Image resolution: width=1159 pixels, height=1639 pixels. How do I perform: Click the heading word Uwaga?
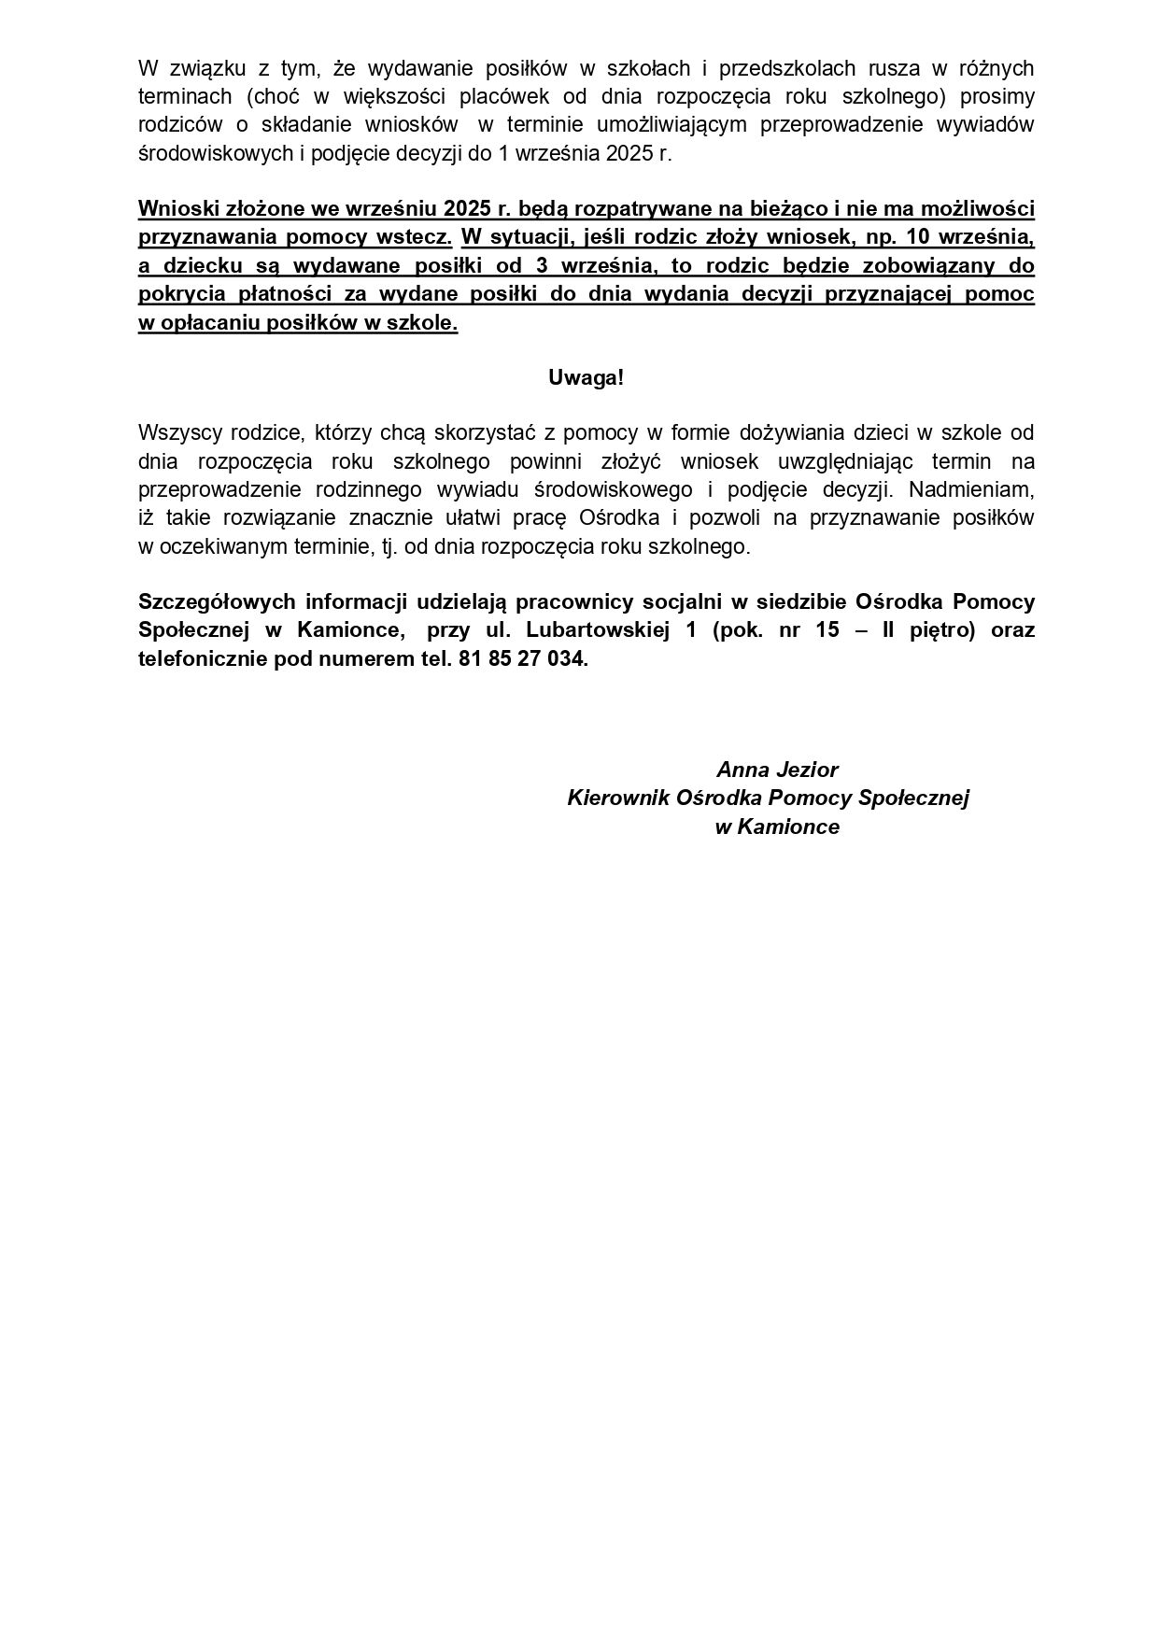tap(586, 378)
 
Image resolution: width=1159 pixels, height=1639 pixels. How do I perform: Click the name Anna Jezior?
tap(777, 770)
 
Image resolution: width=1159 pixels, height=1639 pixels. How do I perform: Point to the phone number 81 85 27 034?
tap(523, 658)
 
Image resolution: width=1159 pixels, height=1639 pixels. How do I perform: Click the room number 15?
tap(827, 630)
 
